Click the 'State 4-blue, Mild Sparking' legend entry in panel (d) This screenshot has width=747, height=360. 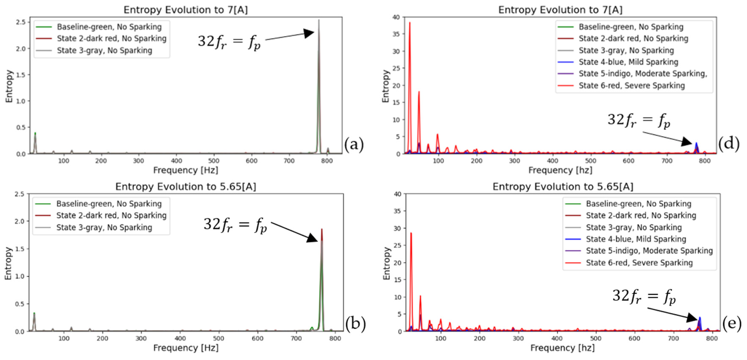pyautogui.click(x=628, y=62)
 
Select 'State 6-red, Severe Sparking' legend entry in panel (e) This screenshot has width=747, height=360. pyautogui.click(x=639, y=263)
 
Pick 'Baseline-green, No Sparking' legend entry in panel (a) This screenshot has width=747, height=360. pyautogui.click(x=109, y=27)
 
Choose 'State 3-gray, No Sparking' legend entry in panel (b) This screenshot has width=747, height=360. pyautogui.click(x=104, y=227)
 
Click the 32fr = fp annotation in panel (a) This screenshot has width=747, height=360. pyautogui.click(x=229, y=42)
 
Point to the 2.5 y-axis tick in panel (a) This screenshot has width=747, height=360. pyautogui.click(x=21, y=22)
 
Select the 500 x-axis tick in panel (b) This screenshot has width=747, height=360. pyautogui.click(x=218, y=338)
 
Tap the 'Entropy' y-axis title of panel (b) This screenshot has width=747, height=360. pyautogui.click(x=8, y=263)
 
